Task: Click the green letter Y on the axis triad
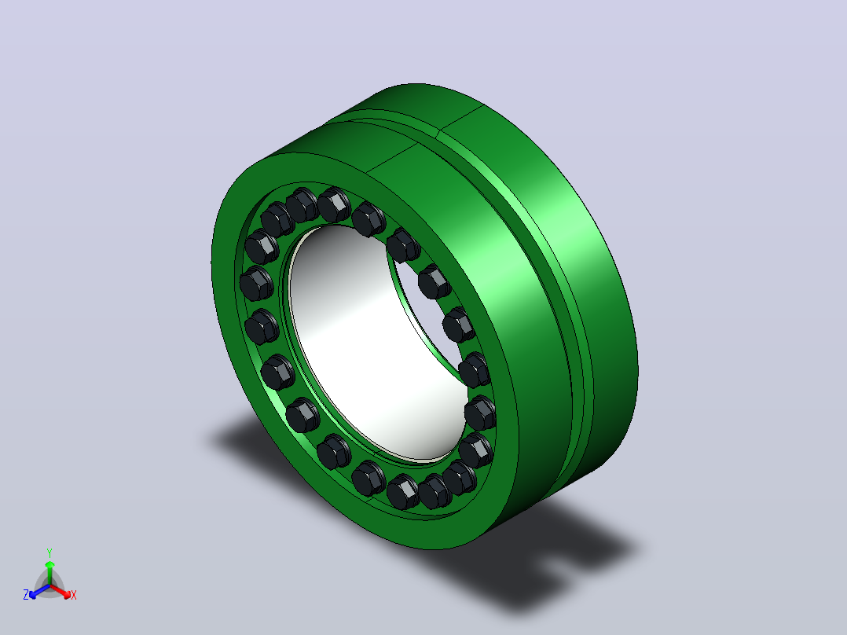49,552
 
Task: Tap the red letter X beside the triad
74,595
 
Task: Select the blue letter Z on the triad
25,595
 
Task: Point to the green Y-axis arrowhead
49,564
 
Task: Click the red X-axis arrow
60,591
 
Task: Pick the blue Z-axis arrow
39,591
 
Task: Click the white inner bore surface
368,346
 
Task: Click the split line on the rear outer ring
462,118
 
